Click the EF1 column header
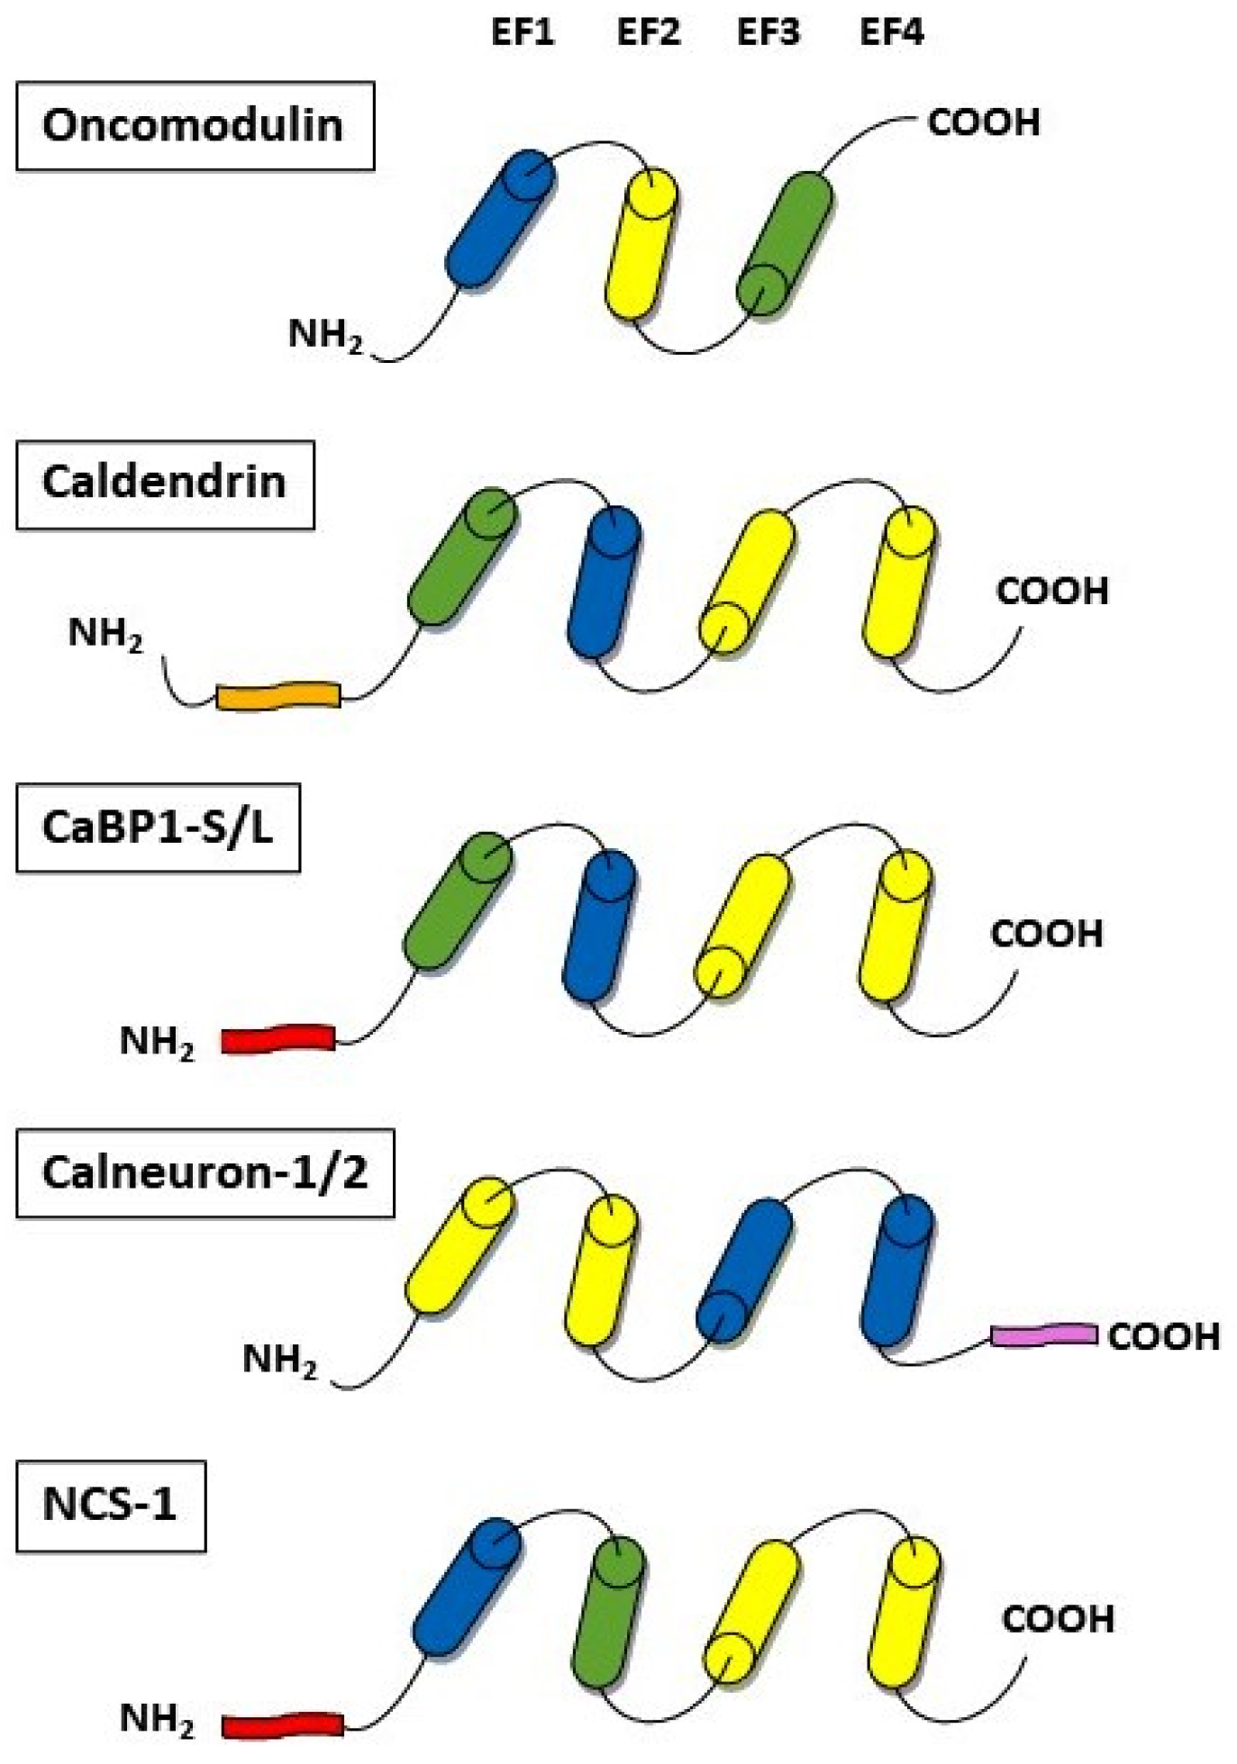coord(522,33)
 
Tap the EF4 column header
coord(891,33)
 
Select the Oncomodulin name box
coord(195,125)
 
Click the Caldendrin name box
coord(165,484)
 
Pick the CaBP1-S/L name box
coord(158,828)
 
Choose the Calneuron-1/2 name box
coord(205,1173)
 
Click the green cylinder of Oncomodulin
coord(785,243)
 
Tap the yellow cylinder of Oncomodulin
coord(640,243)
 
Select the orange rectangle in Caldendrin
coord(277,696)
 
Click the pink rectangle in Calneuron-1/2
coord(1043,1334)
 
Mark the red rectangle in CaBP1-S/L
coord(277,1039)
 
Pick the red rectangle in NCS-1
coord(282,1724)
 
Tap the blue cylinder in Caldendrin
coord(604,581)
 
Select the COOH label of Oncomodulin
coord(983,123)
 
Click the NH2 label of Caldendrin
coord(105,634)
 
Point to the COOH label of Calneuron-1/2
coord(1163,1336)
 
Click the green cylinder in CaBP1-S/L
coord(459,900)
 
